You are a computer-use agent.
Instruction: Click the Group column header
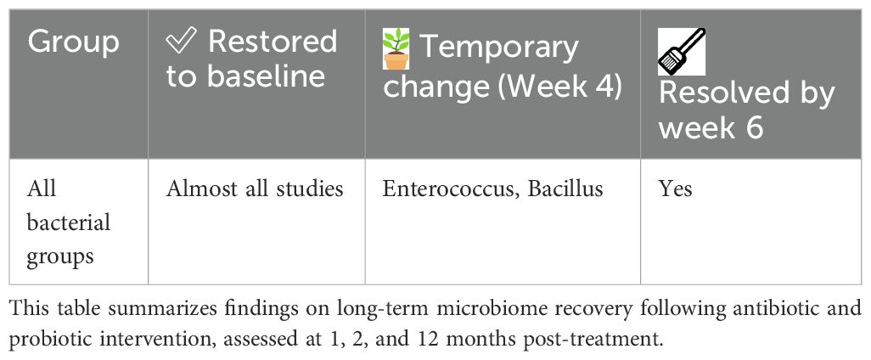point(73,42)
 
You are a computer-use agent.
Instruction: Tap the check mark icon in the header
point(181,42)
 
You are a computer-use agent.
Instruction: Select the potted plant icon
point(396,49)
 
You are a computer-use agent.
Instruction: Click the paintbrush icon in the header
point(682,52)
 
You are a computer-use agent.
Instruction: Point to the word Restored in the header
point(273,42)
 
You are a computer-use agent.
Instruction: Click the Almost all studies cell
point(255,189)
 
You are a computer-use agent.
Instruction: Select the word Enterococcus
point(452,189)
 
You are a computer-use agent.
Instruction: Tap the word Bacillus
point(565,189)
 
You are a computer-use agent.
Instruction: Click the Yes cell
point(676,189)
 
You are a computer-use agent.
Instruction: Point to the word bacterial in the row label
point(69,223)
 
